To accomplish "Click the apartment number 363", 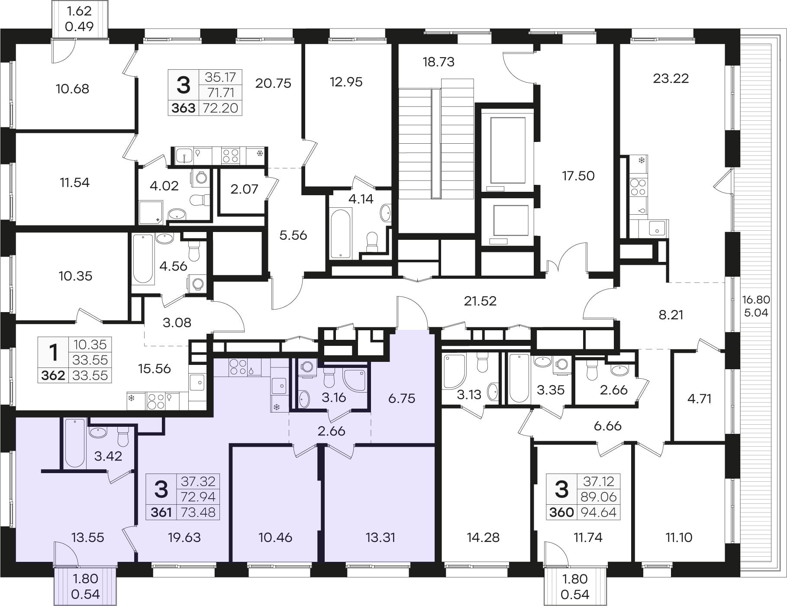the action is coord(184,108).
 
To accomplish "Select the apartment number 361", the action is coord(161,512).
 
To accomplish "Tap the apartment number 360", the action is coord(561,512).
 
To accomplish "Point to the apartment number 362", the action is coord(53,375).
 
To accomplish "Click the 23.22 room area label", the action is coord(671,78).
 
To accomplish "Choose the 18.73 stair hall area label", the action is coord(439,62).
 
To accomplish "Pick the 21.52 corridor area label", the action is coord(480,301).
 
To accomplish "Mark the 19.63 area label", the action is coord(184,537).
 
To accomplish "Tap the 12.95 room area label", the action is coord(346,82).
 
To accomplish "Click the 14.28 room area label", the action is coord(483,537).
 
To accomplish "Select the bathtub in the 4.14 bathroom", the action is coord(340,234).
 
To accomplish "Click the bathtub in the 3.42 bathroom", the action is coord(75,443).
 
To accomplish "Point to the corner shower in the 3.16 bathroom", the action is coord(355,380).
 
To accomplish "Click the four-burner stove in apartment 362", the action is coord(156,401).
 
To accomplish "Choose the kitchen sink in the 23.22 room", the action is coord(657,228).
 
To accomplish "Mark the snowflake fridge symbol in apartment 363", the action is coord(260,154).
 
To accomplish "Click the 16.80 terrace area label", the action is coord(756,299).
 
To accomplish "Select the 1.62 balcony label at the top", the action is coord(79,11).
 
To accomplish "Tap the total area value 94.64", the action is coord(598,512).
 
